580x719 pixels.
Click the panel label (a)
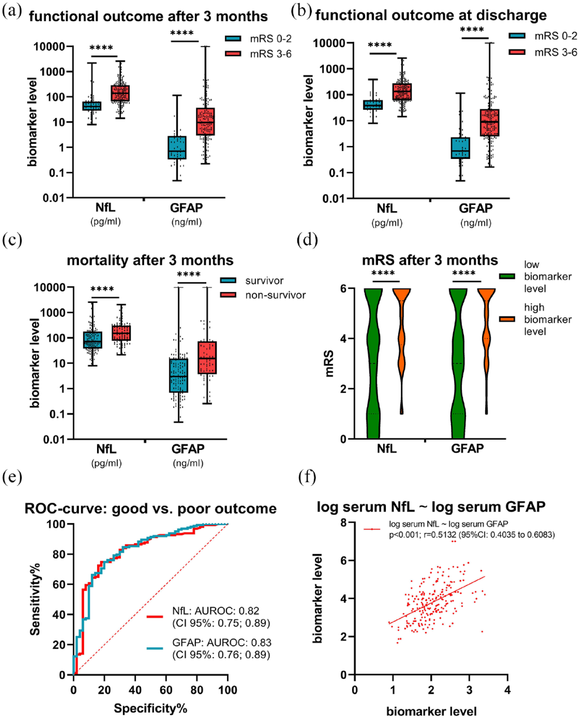coord(12,11)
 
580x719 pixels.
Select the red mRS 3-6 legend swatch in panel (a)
coord(233,54)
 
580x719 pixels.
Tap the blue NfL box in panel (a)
coord(91,106)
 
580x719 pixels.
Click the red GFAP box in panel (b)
coord(489,123)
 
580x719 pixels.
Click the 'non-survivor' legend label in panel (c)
coord(275,295)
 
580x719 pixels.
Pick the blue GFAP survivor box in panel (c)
coord(178,375)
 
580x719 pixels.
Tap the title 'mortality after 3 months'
coord(150,260)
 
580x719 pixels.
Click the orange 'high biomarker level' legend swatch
coord(507,319)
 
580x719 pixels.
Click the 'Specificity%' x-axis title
coord(151,708)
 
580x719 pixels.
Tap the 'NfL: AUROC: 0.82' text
coord(215,611)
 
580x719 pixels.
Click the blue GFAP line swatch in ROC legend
coord(154,648)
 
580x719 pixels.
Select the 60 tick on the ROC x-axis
coord(166,690)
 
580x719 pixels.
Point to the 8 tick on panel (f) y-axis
coord(344,523)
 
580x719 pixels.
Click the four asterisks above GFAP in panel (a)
coord(182,33)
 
